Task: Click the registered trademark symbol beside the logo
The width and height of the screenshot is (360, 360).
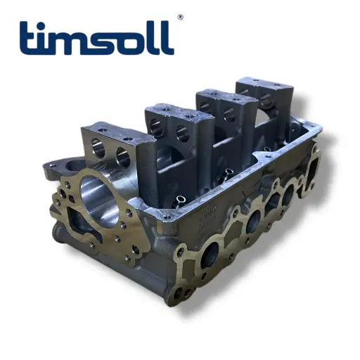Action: pyautogui.click(x=180, y=17)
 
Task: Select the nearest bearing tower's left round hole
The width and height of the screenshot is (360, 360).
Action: pyautogui.click(x=97, y=148)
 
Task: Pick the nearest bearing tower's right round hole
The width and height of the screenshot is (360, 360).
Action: pyautogui.click(x=123, y=157)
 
